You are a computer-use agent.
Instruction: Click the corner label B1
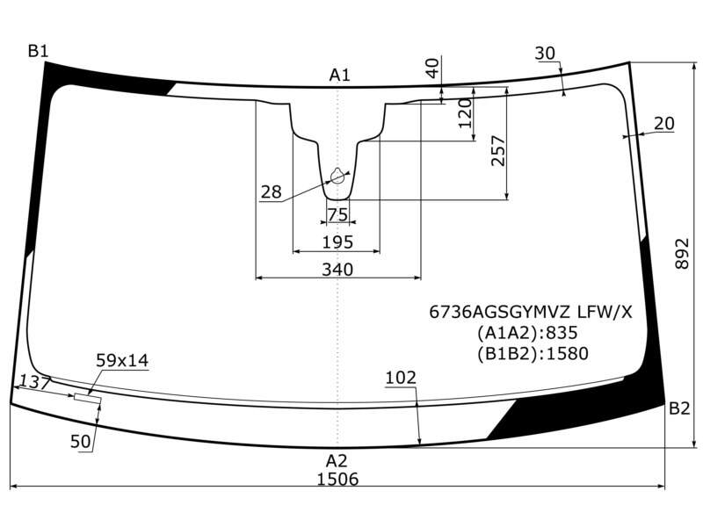[x=38, y=51]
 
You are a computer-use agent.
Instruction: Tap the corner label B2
[x=679, y=408]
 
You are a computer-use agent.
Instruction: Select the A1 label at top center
[x=339, y=75]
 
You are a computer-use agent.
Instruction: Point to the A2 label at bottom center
[x=337, y=460]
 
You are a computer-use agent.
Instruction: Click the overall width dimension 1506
[x=337, y=479]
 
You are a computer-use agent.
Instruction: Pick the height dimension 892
[x=682, y=253]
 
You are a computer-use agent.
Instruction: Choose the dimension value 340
[x=337, y=270]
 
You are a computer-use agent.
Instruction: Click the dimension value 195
[x=337, y=242]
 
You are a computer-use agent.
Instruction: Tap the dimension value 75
[x=337, y=214]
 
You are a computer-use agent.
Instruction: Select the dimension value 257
[x=497, y=150]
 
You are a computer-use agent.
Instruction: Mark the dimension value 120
[x=466, y=113]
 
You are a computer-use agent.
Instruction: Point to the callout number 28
[x=271, y=191]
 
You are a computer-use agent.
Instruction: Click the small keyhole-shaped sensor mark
[x=337, y=177]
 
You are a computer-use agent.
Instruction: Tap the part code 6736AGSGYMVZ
[x=500, y=312]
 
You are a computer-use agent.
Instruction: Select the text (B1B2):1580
[x=533, y=354]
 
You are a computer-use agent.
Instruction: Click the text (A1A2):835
[x=526, y=333]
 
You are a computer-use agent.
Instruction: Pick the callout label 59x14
[x=122, y=360]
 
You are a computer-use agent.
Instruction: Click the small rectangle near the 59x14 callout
[x=88, y=399]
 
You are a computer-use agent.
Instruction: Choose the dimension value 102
[x=401, y=378]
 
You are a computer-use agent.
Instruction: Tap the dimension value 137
[x=34, y=382]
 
